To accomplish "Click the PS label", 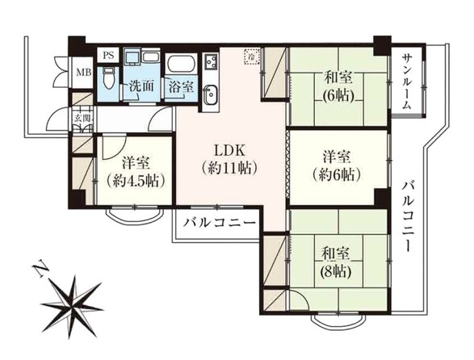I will (107, 55).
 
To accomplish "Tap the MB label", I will (82, 75).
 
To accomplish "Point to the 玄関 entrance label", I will (82, 121).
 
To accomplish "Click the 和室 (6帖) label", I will (337, 86).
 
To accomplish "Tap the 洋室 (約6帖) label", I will (337, 165).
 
